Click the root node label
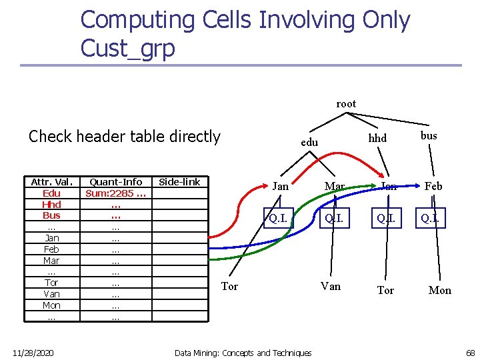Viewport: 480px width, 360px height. (x=346, y=103)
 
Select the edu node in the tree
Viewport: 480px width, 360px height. (x=309, y=142)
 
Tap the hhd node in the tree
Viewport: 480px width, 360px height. (x=378, y=137)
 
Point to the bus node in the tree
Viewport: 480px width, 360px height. (x=429, y=135)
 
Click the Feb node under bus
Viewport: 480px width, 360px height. (x=433, y=186)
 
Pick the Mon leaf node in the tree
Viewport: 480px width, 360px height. (x=439, y=290)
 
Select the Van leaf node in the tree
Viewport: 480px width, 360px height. (x=331, y=286)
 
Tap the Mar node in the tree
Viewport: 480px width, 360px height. (x=334, y=186)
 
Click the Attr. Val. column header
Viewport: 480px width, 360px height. (x=51, y=182)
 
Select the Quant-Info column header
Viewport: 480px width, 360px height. (x=116, y=182)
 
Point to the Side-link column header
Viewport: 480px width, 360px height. (x=179, y=182)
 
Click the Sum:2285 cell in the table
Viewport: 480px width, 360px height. (x=116, y=193)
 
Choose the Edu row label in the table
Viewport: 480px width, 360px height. (x=51, y=193)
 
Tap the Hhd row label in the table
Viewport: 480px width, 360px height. (x=51, y=205)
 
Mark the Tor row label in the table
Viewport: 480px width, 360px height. (x=51, y=283)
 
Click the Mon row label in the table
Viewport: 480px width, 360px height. (x=51, y=305)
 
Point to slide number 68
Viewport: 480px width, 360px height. (x=470, y=352)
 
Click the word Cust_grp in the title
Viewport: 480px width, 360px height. (x=127, y=48)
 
